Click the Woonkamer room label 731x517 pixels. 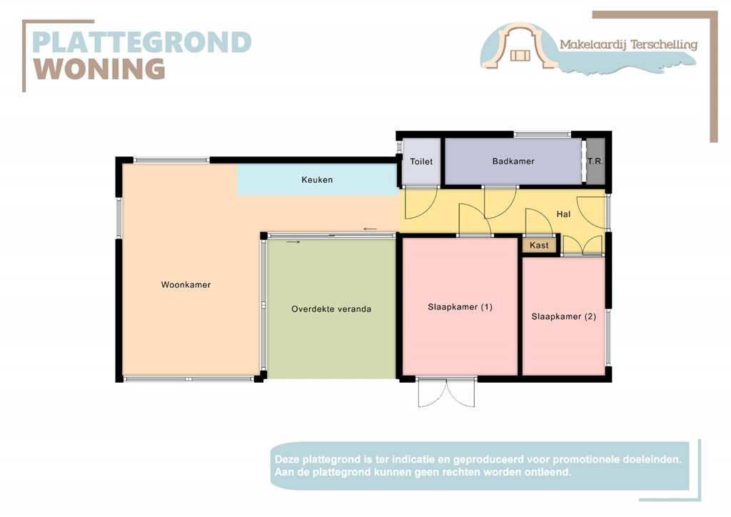coord(186,285)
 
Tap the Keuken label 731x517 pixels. coord(317,180)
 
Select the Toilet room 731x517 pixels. coord(421,162)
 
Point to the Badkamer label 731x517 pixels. coord(513,161)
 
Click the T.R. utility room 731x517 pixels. coord(595,162)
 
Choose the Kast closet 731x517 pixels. coord(540,246)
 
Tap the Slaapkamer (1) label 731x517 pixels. coord(460,307)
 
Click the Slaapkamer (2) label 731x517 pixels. coord(563,316)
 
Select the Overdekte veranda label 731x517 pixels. coord(331,309)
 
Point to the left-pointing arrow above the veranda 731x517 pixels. coord(370,229)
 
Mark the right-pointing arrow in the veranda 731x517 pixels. coord(293,242)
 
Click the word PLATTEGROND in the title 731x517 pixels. coord(142,42)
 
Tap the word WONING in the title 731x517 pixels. coord(100,69)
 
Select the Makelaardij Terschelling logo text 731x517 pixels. coord(628,44)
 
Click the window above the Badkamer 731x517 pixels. coord(542,134)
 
